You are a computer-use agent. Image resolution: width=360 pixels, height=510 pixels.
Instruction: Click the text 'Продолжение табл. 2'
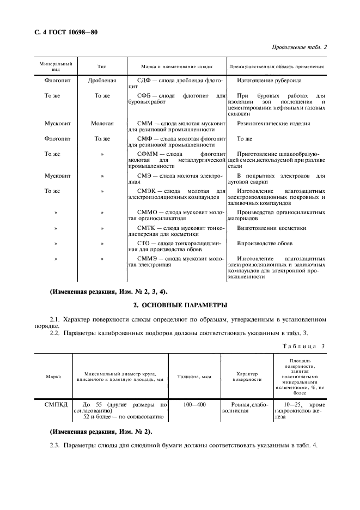(299, 47)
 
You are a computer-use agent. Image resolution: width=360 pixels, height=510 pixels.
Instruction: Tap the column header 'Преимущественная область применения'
(277, 66)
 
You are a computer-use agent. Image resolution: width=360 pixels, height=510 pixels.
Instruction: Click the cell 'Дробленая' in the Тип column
(102, 81)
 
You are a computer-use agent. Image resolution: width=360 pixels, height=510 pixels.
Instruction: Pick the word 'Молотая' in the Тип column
(102, 124)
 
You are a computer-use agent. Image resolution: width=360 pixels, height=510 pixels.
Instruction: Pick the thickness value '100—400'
(194, 405)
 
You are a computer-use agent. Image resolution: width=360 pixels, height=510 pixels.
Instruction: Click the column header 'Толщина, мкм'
(194, 377)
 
